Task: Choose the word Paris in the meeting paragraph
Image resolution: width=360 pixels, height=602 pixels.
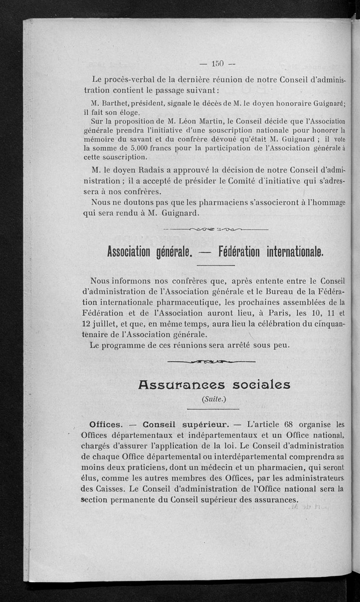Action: [256, 312]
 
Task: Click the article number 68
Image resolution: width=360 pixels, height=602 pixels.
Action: [288, 424]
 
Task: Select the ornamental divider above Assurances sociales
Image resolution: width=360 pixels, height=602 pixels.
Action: [211, 361]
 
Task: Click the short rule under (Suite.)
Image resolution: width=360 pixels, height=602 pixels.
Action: [213, 409]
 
